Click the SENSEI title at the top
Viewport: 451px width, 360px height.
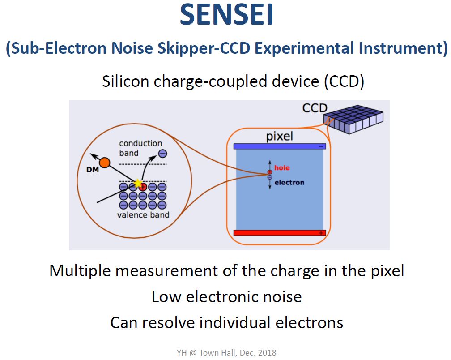pyautogui.click(x=226, y=15)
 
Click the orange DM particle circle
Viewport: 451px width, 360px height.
pyautogui.click(x=105, y=163)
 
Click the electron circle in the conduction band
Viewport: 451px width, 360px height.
pyautogui.click(x=162, y=154)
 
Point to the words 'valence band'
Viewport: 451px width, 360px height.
pyautogui.click(x=143, y=214)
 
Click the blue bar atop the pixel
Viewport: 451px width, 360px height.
pyautogui.click(x=280, y=146)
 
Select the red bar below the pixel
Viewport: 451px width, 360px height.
pyautogui.click(x=280, y=232)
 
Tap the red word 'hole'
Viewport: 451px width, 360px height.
pyautogui.click(x=282, y=168)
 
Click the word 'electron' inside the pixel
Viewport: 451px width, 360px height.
pyautogui.click(x=289, y=182)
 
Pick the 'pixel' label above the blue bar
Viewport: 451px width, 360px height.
pyautogui.click(x=280, y=136)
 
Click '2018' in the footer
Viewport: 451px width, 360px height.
pyautogui.click(x=267, y=353)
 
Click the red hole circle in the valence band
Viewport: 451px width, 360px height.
pyautogui.click(x=143, y=187)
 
